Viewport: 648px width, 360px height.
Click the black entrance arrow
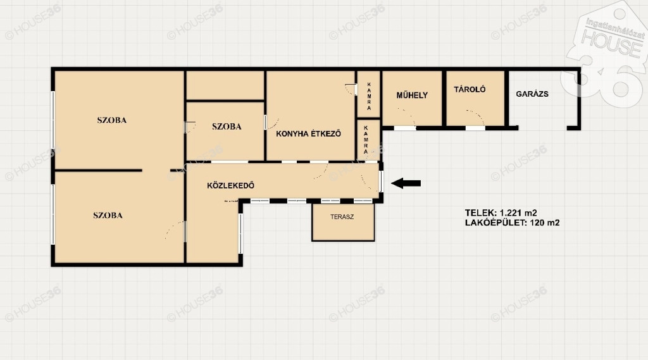point(406,183)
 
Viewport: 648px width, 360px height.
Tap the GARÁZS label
point(532,94)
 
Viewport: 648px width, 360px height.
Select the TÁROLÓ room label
point(470,89)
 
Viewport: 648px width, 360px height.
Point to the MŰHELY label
point(412,95)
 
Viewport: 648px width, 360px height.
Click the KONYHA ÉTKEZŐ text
point(308,133)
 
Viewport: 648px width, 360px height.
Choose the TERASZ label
point(342,216)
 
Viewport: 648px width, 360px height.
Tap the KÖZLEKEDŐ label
point(230,185)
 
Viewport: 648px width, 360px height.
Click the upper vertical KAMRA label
point(369,96)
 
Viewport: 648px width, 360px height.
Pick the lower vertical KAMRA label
point(366,140)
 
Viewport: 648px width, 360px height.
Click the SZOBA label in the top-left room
point(111,120)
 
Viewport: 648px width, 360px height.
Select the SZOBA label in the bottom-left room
point(108,215)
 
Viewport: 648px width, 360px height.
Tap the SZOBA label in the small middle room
point(227,127)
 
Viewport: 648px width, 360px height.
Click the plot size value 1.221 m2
point(518,213)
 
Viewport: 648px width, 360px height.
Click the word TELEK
point(481,213)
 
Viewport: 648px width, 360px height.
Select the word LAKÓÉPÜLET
point(496,223)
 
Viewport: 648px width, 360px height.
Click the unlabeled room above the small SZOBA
point(225,85)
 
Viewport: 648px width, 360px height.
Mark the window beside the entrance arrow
point(381,182)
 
